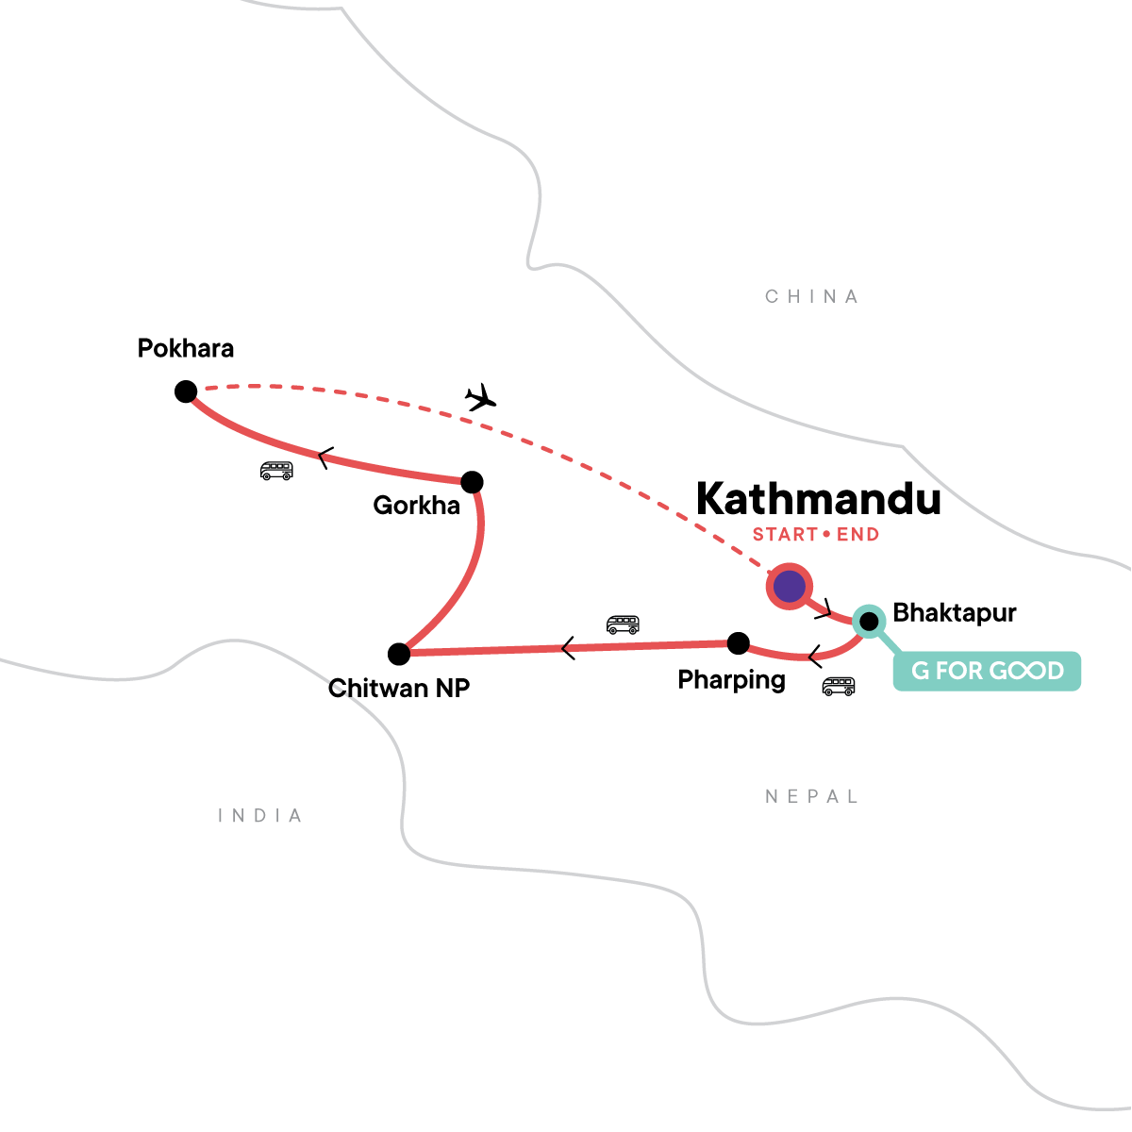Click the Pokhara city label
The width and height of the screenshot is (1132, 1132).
(x=186, y=349)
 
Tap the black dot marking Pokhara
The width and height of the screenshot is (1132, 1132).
(x=186, y=391)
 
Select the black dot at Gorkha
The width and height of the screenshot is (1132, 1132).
(x=472, y=482)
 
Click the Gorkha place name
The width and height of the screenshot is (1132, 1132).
(x=416, y=506)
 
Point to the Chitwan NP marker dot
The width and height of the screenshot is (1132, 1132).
(x=399, y=653)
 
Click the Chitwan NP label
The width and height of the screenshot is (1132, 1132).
(x=399, y=689)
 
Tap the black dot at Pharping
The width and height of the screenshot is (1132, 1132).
(x=739, y=643)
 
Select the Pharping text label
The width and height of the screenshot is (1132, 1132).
(x=731, y=680)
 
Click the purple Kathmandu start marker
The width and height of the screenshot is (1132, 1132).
(x=789, y=587)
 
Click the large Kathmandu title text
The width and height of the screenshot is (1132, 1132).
(x=818, y=499)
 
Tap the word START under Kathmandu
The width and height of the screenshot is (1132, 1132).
(x=785, y=535)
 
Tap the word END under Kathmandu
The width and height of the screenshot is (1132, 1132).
(x=857, y=535)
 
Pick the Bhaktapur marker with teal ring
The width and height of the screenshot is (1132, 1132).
(x=868, y=621)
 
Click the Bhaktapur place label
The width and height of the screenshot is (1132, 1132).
(x=955, y=613)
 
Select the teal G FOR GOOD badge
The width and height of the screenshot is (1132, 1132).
(x=987, y=671)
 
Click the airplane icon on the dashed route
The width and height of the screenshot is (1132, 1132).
(x=481, y=397)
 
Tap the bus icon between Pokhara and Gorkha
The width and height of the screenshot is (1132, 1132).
(x=276, y=470)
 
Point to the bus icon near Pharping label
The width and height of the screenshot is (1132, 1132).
(x=838, y=686)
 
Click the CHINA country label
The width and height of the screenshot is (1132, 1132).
(x=811, y=297)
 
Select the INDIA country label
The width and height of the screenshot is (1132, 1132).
(x=260, y=816)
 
